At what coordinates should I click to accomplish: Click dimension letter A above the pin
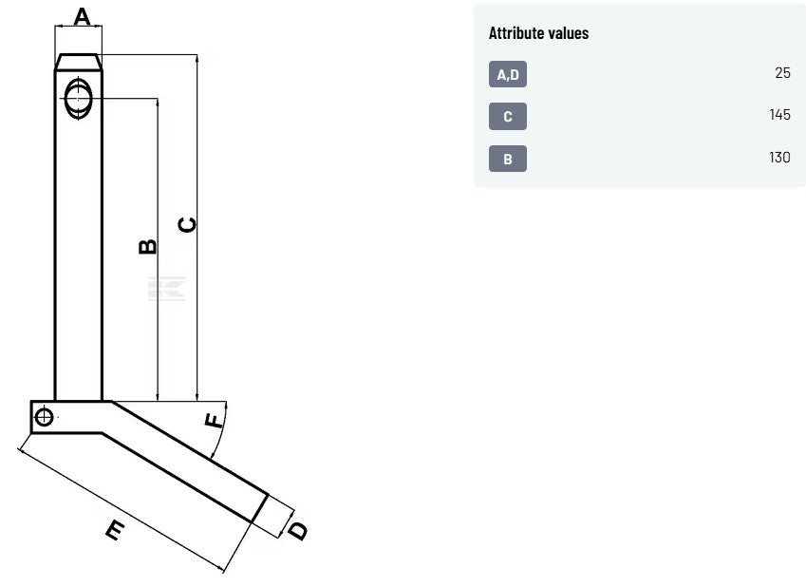[x=82, y=16]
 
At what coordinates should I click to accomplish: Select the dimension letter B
[x=148, y=246]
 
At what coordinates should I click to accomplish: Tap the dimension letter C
[x=187, y=225]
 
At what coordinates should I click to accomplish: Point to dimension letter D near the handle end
[x=298, y=531]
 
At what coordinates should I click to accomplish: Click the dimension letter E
[x=115, y=530]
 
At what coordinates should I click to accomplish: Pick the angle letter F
[x=214, y=421]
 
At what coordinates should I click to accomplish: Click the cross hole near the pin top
[x=79, y=98]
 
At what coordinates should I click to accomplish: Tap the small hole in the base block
[x=45, y=416]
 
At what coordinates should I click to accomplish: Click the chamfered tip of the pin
[x=79, y=62]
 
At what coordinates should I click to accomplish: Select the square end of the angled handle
[x=259, y=508]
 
